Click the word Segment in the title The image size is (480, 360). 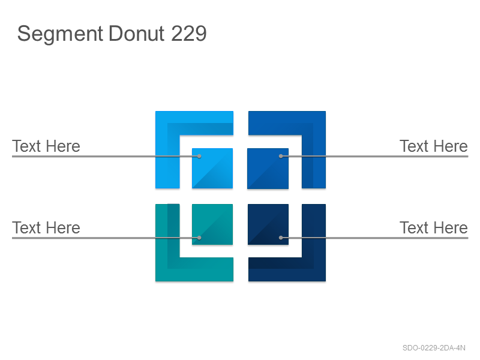[61, 34]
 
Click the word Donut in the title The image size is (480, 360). [137, 34]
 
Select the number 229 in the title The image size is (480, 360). [189, 34]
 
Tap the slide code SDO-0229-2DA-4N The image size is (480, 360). [434, 348]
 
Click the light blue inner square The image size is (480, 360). [212, 168]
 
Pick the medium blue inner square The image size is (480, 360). [268, 169]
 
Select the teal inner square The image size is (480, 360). [212, 224]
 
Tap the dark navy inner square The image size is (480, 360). [268, 224]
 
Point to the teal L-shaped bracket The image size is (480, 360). [167, 269]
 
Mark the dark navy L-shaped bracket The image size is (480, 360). [314, 269]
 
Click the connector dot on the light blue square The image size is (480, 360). [199, 156]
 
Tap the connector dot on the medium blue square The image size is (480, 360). [281, 156]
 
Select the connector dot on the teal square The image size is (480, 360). [199, 238]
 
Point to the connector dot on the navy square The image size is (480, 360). [281, 238]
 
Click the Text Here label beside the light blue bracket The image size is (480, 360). [46, 146]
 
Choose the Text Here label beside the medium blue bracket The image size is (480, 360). [434, 146]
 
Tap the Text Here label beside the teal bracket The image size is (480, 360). [46, 228]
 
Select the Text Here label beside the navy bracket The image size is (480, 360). [434, 228]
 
